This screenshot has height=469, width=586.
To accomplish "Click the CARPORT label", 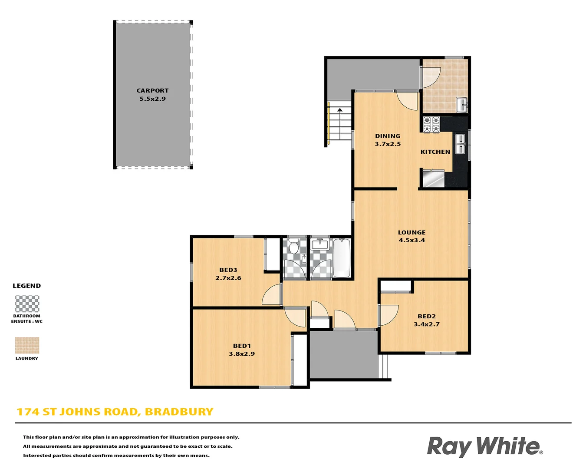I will [x=152, y=91].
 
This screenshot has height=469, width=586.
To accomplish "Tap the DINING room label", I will [x=388, y=136].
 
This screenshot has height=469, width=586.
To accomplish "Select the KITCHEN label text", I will [x=435, y=152].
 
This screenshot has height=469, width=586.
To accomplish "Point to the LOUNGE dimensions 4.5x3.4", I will [x=412, y=240].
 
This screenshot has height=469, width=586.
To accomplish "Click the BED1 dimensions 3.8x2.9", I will [x=242, y=354].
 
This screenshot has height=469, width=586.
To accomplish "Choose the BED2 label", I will [x=426, y=317].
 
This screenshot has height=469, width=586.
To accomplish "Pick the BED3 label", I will [x=228, y=270].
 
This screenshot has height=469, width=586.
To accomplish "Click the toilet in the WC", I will [x=294, y=247].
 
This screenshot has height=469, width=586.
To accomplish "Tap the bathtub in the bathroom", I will [x=342, y=258].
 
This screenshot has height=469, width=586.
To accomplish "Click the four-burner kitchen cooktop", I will [x=431, y=124].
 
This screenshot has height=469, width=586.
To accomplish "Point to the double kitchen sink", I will [x=460, y=144].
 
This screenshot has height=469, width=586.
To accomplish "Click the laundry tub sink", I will [x=461, y=105].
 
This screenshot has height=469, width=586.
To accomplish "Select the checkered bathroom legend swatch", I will [x=27, y=304].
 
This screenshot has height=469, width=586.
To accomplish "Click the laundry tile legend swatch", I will [x=27, y=346].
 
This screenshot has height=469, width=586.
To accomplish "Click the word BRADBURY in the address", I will [x=179, y=412].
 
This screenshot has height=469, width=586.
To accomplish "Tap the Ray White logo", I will [x=484, y=446].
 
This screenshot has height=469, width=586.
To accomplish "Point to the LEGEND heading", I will [x=26, y=286].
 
